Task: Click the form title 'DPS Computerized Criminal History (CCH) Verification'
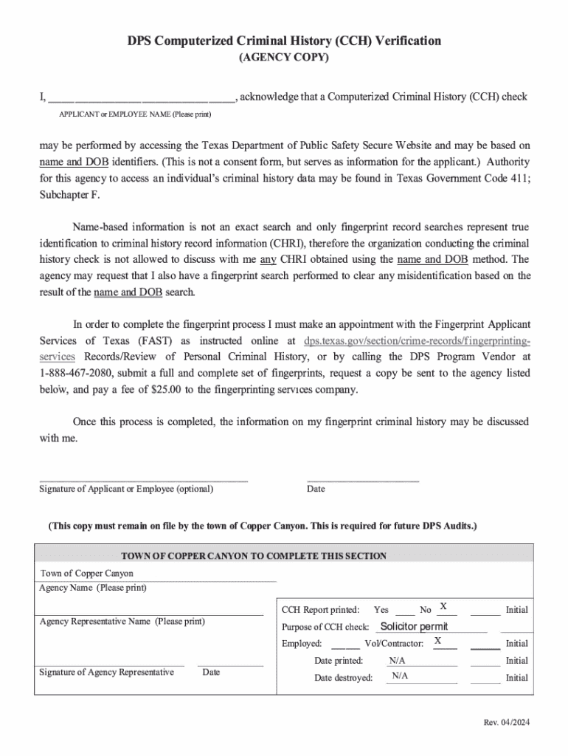click(284, 41)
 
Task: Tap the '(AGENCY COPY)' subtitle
click(284, 57)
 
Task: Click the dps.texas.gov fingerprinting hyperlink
click(417, 342)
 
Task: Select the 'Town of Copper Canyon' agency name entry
click(87, 574)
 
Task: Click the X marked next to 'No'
click(443, 607)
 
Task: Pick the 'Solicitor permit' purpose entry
click(413, 627)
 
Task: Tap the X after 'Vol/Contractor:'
click(437, 641)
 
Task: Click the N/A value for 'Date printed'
click(397, 660)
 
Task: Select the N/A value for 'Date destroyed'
click(399, 676)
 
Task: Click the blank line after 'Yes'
click(404, 611)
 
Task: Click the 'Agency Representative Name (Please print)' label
click(122, 622)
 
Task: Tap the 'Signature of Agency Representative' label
click(106, 672)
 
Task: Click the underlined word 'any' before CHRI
click(269, 260)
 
